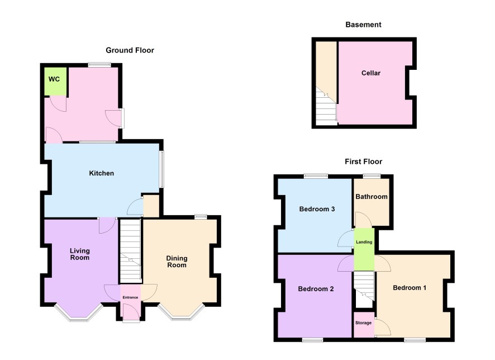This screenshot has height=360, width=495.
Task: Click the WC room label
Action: [54, 79]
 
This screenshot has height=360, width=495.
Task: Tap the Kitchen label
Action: [101, 173]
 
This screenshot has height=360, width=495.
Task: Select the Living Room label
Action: [80, 254]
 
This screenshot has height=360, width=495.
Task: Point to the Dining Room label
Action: [177, 262]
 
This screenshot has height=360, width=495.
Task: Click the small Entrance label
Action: [130, 297]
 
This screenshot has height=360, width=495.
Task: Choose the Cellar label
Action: [371, 73]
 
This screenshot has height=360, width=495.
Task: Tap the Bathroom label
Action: [372, 196]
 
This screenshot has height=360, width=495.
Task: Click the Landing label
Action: [364, 242]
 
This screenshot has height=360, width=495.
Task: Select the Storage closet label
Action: [363, 323]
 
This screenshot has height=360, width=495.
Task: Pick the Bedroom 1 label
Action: [410, 288]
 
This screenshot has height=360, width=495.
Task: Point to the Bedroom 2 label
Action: [316, 288]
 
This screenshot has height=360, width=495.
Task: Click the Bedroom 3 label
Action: [317, 209]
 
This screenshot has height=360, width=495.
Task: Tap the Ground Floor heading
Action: [130, 50]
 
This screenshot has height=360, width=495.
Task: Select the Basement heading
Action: [363, 25]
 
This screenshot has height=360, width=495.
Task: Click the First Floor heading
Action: [363, 162]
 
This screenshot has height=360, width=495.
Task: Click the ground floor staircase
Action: [130, 251]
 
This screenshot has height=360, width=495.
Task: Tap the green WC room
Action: [55, 82]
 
